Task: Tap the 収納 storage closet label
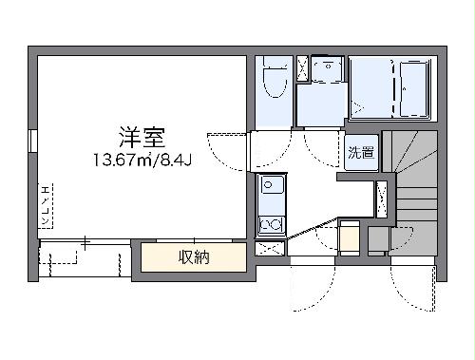pos(194,256)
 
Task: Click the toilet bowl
pos(275,85)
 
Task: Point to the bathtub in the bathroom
pos(415,87)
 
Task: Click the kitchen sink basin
pos(271,187)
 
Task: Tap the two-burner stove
pos(271,223)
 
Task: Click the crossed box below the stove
pos(271,249)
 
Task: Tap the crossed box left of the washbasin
pos(302,69)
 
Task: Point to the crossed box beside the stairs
pos(382,198)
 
